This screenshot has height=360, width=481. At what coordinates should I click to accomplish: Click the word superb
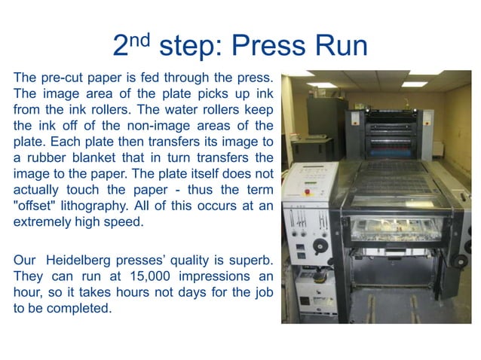(x=252, y=260)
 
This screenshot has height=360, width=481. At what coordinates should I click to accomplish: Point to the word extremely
(x=41, y=223)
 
